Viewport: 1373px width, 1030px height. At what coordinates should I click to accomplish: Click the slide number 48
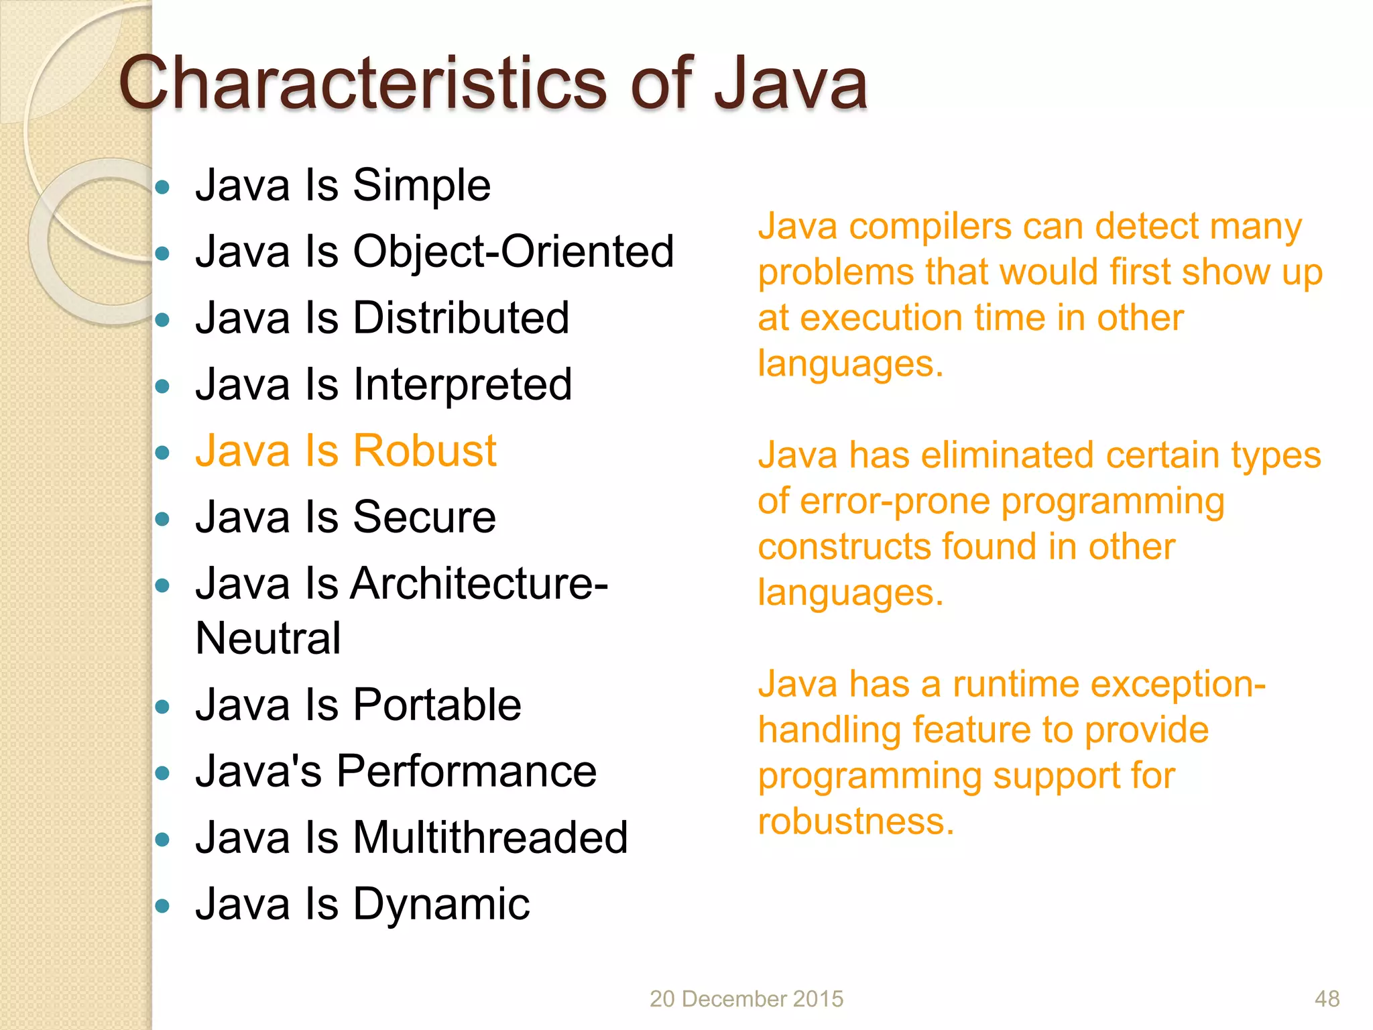1327,999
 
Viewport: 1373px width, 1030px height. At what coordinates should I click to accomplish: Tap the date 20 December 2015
746,999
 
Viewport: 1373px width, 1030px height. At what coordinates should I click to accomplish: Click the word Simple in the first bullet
422,186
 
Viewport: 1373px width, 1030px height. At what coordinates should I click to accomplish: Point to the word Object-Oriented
513,251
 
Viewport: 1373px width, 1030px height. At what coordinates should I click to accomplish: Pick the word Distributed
461,318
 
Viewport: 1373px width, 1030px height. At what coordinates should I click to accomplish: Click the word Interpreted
463,385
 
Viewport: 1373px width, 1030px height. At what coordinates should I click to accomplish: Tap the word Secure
424,517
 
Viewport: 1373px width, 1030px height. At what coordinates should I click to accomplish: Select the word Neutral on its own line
268,638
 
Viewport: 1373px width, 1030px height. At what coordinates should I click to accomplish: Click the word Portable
436,705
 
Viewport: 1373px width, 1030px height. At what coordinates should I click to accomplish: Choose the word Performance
466,771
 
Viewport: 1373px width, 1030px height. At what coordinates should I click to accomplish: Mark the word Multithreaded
490,838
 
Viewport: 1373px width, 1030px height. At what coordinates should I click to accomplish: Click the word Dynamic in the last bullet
441,905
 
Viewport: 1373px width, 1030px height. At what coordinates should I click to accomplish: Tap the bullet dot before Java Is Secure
162,519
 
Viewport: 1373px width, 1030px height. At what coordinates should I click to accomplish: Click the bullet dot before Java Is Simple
162,187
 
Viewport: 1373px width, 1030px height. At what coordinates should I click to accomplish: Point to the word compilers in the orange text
930,227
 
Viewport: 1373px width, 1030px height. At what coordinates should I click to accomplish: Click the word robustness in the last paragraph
855,821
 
